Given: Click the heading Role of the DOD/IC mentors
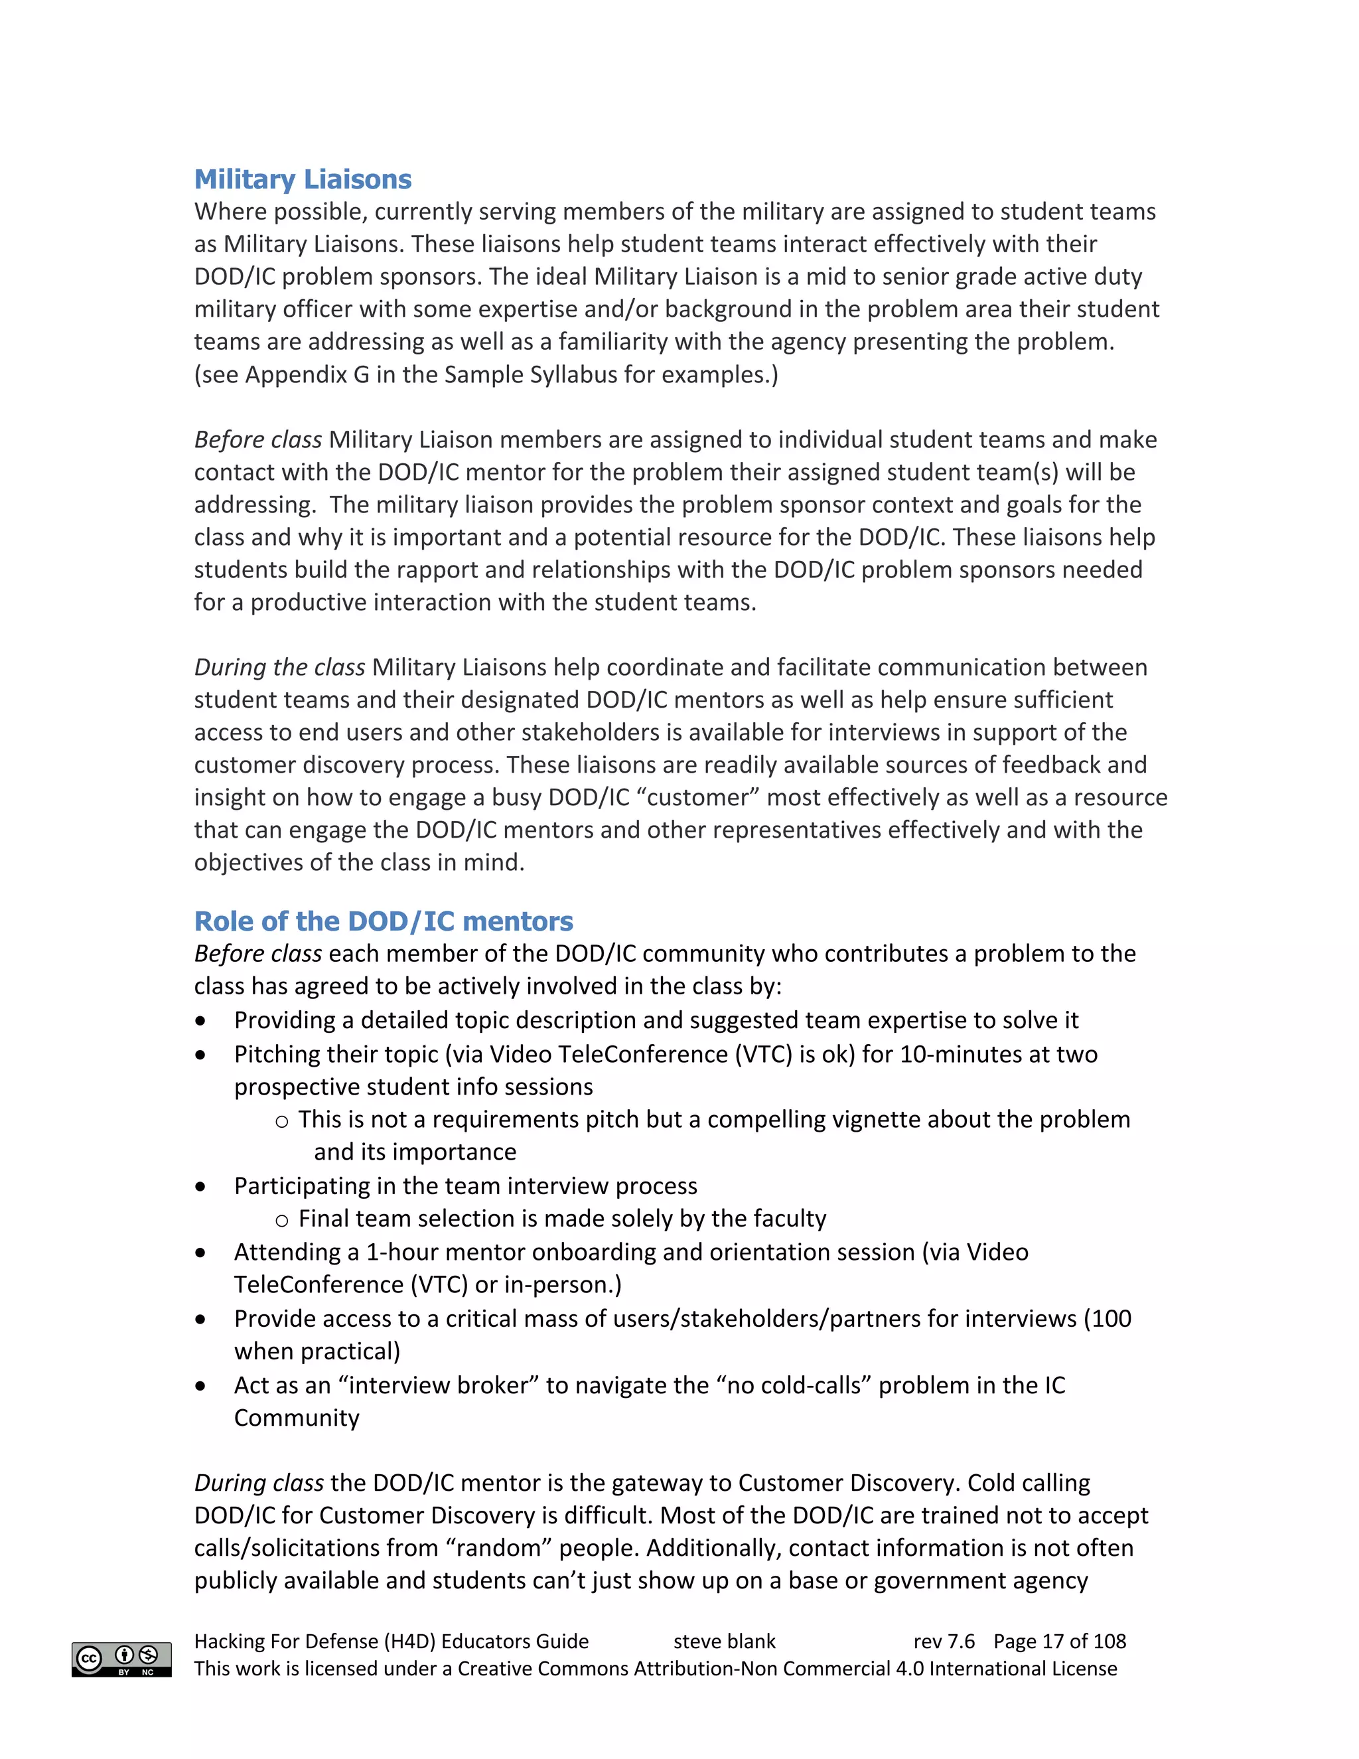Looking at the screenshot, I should click(x=384, y=921).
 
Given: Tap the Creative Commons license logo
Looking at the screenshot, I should click(x=121, y=1659).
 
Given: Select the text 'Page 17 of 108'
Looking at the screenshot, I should click(x=1060, y=1642).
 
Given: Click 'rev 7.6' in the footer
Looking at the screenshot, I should click(x=944, y=1642).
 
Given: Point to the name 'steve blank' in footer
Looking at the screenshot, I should click(x=724, y=1642).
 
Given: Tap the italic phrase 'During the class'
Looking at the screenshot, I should click(x=279, y=667).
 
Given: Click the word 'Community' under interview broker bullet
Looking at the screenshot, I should click(x=296, y=1418).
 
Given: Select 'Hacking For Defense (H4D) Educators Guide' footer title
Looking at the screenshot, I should click(x=392, y=1642).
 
